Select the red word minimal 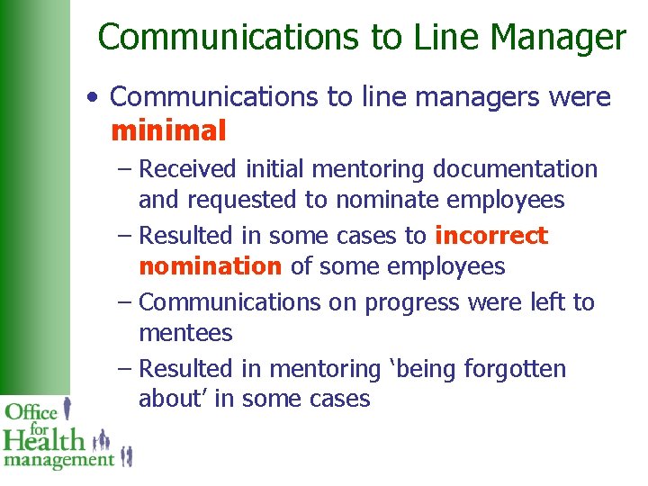click(168, 131)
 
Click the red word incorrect click(490, 236)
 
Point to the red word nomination click(210, 266)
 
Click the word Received click(188, 169)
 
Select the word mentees click(185, 334)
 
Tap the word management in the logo click(58, 460)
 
